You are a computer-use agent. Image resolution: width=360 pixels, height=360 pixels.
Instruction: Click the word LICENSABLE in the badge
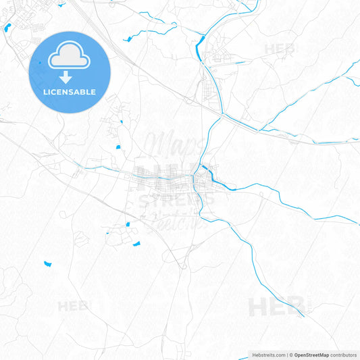click(x=70, y=92)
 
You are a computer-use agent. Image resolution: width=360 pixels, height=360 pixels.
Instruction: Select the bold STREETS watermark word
click(x=176, y=200)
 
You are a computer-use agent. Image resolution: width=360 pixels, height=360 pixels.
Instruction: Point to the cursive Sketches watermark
click(x=179, y=222)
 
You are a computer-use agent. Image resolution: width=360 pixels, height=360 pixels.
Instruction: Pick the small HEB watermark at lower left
click(x=73, y=306)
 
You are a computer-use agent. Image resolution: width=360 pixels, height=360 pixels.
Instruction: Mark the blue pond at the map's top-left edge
click(x=7, y=28)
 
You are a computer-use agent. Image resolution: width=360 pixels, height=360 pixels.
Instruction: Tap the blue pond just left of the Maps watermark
click(x=118, y=147)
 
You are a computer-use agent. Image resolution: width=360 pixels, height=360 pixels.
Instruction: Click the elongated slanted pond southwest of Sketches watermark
click(x=136, y=243)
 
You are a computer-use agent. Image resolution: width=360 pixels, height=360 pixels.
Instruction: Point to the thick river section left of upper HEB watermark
click(x=201, y=47)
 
